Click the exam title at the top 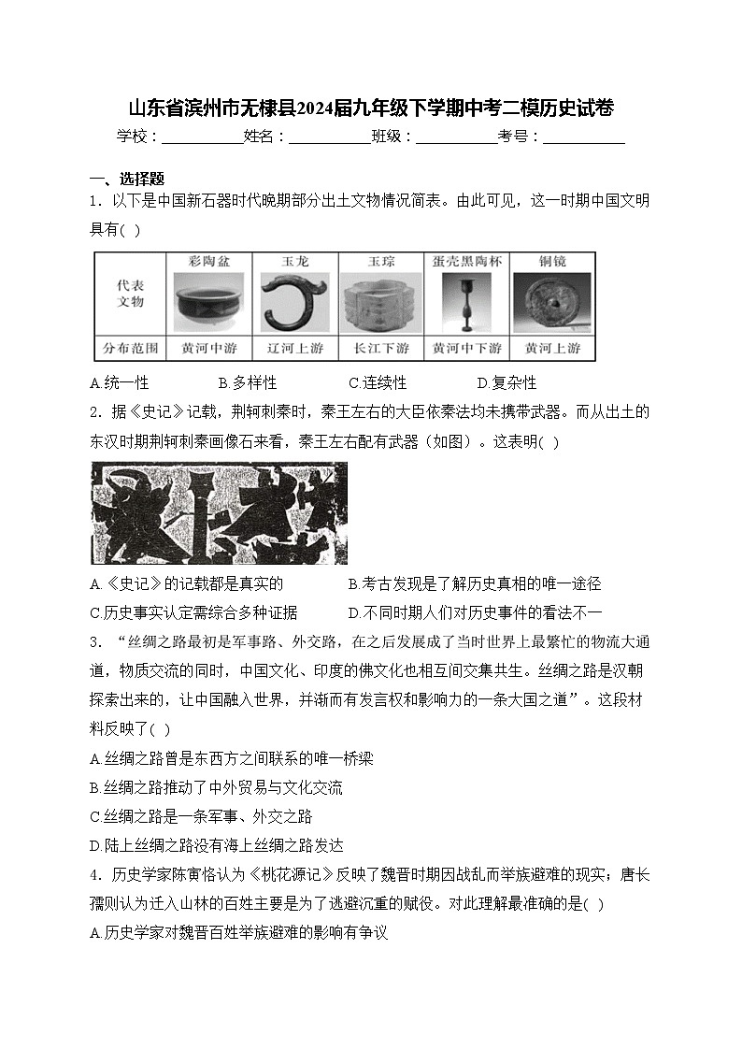coord(370,108)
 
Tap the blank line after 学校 coord(202,138)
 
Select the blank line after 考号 coord(583,138)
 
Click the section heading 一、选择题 coord(126,179)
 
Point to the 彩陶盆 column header coord(208,262)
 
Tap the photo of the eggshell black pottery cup coord(466,302)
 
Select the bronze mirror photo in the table coord(551,302)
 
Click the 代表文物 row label coord(130,294)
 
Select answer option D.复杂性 coord(507,383)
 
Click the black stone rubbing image coord(218,513)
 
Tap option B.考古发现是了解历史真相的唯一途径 coord(474,583)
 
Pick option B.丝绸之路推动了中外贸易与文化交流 coord(216,787)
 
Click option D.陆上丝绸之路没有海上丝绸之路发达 coord(216,845)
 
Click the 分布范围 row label coord(130,349)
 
